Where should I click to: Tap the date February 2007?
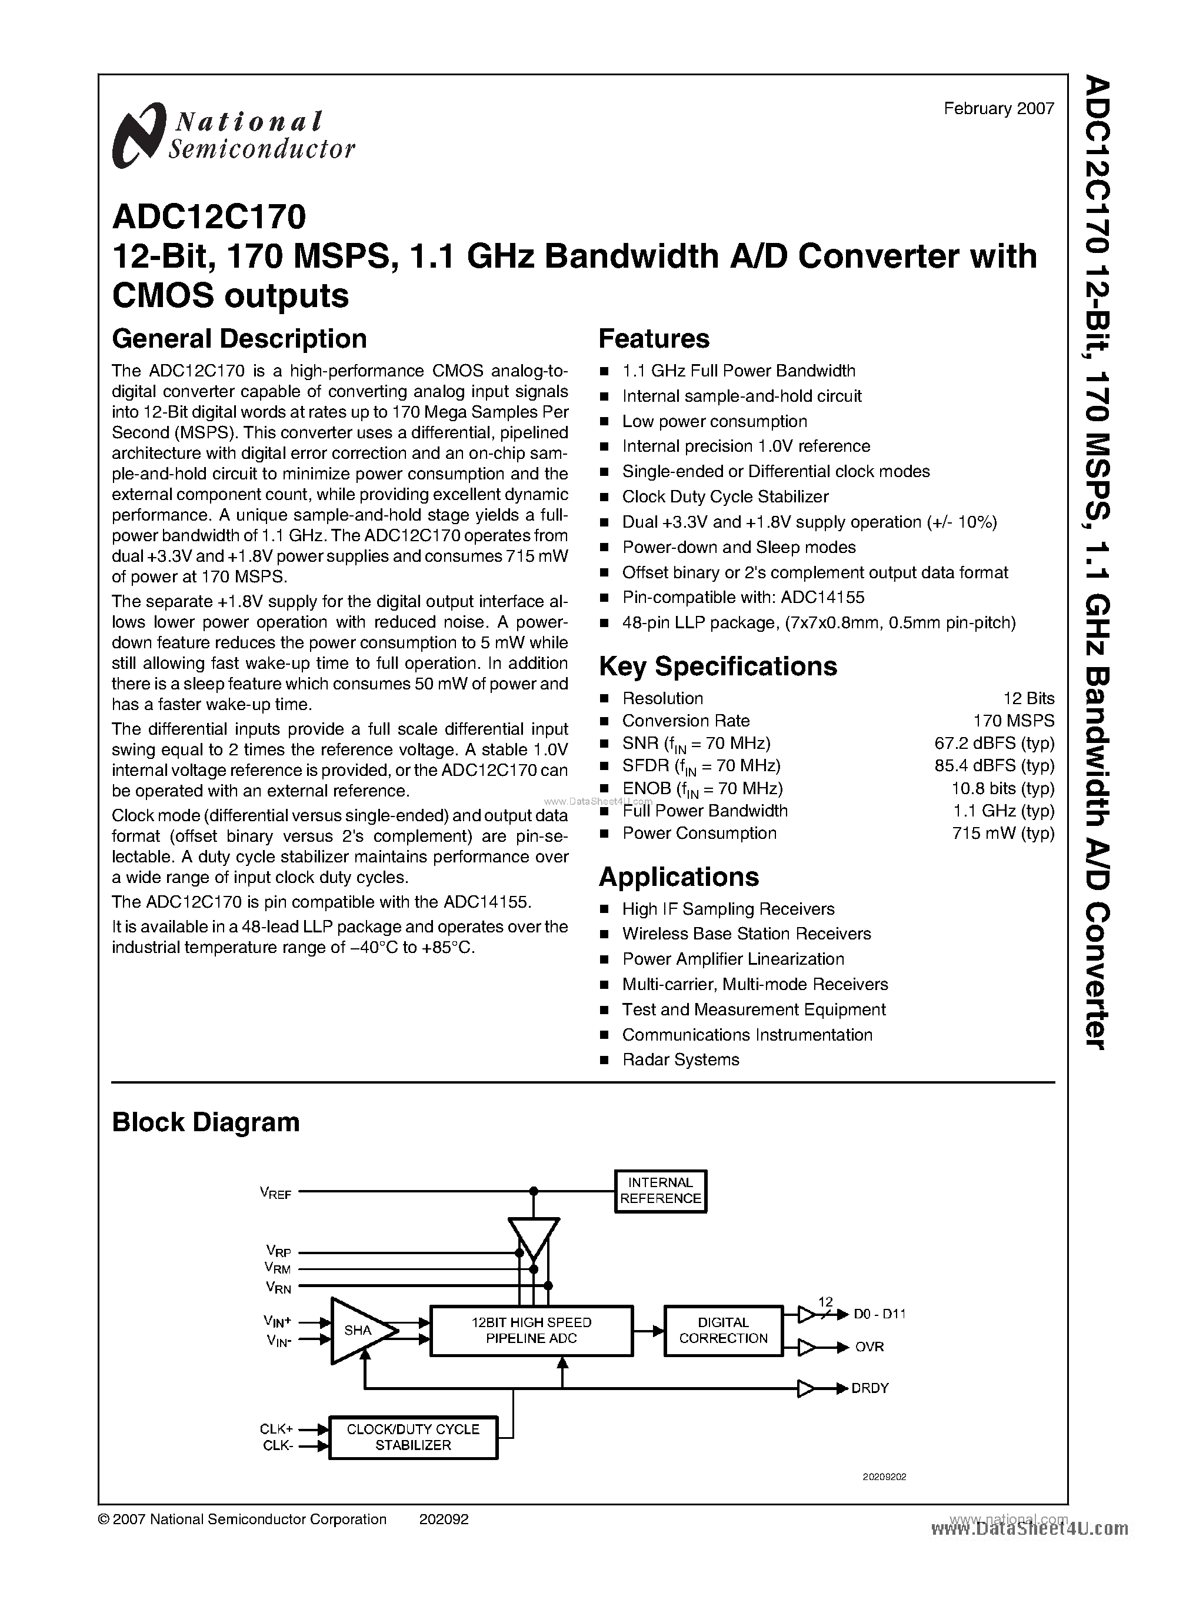pyautogui.click(x=998, y=109)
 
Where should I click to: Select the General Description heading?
pyautogui.click(x=239, y=339)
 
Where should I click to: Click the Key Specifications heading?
pyautogui.click(x=718, y=666)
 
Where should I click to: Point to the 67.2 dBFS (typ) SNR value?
pyautogui.click(x=994, y=743)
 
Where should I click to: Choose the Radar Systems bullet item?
pyautogui.click(x=681, y=1060)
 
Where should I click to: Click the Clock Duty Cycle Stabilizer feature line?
pyautogui.click(x=725, y=496)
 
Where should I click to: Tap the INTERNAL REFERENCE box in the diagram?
pyautogui.click(x=660, y=1191)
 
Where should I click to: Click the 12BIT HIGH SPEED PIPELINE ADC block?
pyautogui.click(x=531, y=1331)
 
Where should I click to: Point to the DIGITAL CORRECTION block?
pyautogui.click(x=723, y=1331)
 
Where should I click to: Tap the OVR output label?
pyautogui.click(x=869, y=1347)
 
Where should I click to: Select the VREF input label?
pyautogui.click(x=275, y=1192)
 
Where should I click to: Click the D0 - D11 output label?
pyautogui.click(x=879, y=1314)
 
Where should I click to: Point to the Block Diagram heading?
pyautogui.click(x=205, y=1122)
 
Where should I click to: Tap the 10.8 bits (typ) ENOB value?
pyautogui.click(x=1002, y=788)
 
